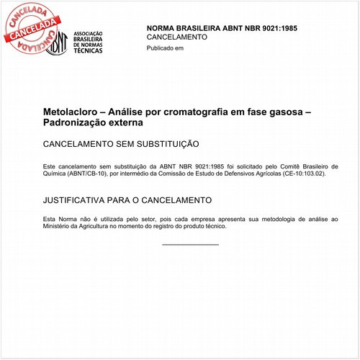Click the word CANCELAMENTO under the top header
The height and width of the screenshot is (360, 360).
176,37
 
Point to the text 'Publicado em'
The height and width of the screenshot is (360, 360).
165,48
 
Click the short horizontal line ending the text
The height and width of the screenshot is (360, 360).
190,245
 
